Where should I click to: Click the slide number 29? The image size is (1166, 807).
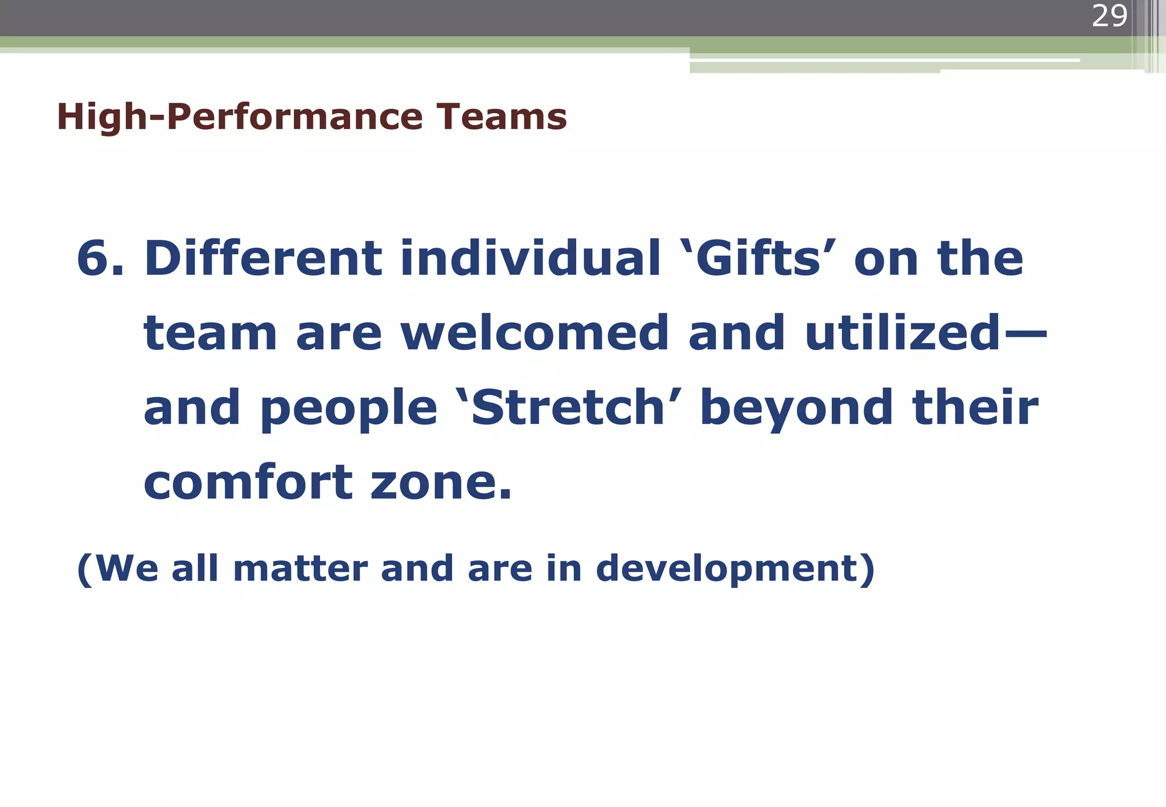tap(1109, 16)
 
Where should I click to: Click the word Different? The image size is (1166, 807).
tap(262, 259)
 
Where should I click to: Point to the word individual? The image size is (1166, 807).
tap(530, 259)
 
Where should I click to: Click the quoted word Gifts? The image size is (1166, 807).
tap(758, 259)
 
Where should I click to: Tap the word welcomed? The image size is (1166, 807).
tap(535, 333)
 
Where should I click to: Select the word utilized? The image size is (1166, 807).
tap(902, 333)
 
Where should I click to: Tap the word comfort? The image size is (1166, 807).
tap(247, 483)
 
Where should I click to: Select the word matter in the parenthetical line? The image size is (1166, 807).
tap(300, 569)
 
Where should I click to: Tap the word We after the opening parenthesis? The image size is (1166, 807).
tap(127, 569)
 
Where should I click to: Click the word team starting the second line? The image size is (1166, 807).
tap(210, 335)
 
